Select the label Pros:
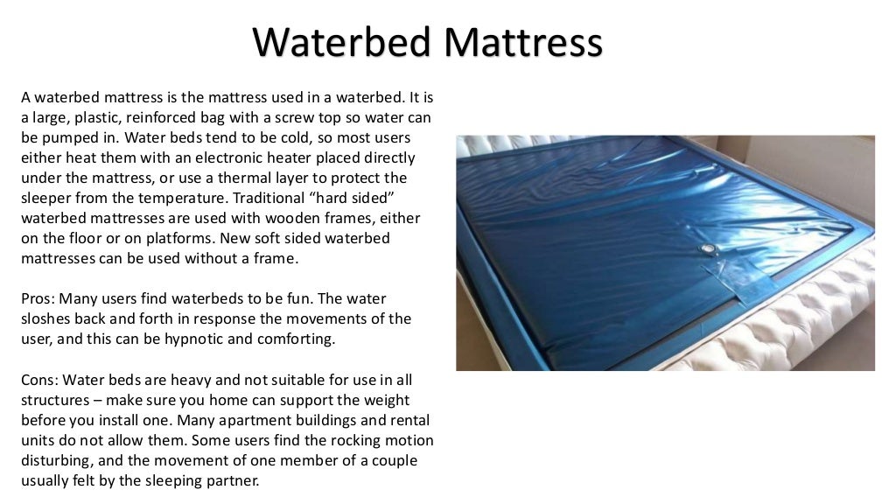pyautogui.click(x=39, y=298)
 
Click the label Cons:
pyautogui.click(x=41, y=380)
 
